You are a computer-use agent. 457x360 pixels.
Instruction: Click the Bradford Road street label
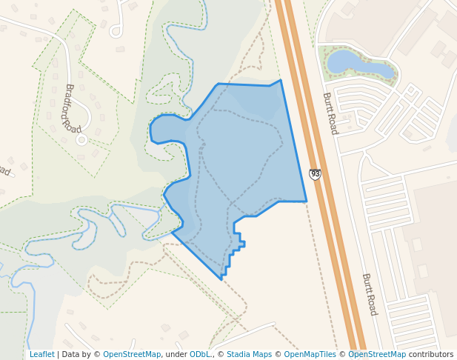73,108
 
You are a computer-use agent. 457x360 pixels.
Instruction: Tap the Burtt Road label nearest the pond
330,113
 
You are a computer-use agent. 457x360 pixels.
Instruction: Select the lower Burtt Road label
370,294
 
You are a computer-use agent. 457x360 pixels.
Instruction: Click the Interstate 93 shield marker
315,174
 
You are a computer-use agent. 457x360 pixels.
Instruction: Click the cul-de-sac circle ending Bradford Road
81,139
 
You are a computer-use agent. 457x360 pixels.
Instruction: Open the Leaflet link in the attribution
41,354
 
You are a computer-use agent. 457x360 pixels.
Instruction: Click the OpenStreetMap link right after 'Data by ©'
131,354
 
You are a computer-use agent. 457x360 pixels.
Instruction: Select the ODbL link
200,354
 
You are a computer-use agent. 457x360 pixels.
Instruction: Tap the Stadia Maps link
249,354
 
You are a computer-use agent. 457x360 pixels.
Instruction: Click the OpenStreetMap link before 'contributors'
377,354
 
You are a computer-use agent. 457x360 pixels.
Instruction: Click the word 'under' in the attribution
176,354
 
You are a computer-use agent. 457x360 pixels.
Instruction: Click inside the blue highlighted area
244,156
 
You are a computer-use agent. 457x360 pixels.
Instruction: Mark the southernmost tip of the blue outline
221,279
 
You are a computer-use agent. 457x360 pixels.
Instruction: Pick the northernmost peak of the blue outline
281,80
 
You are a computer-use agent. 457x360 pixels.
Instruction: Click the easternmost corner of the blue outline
306,201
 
